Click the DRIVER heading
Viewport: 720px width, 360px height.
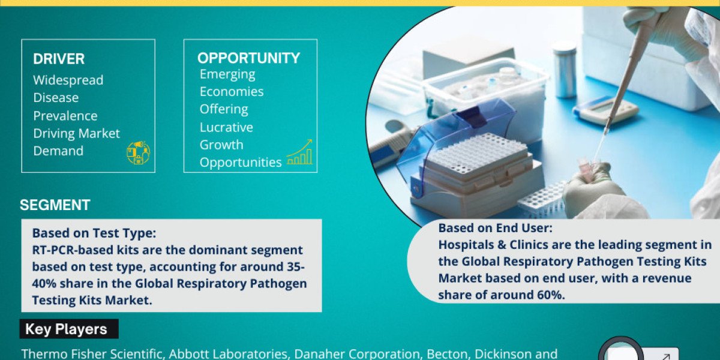pos(59,59)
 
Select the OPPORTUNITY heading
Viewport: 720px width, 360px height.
pos(249,58)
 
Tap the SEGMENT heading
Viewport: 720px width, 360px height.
pos(55,205)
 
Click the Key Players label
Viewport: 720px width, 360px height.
pos(66,329)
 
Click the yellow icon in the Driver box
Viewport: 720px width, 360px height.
pos(138,152)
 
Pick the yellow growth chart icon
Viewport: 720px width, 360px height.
pos(299,152)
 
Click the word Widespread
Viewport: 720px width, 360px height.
pos(68,80)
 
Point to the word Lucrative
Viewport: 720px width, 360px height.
pos(226,127)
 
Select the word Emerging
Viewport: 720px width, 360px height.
pos(227,74)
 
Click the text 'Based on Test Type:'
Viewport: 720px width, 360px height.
pos(94,233)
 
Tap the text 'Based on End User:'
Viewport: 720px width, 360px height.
pos(496,228)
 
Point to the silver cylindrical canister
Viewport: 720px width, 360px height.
pos(565,70)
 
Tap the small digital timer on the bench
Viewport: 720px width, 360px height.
pos(606,110)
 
